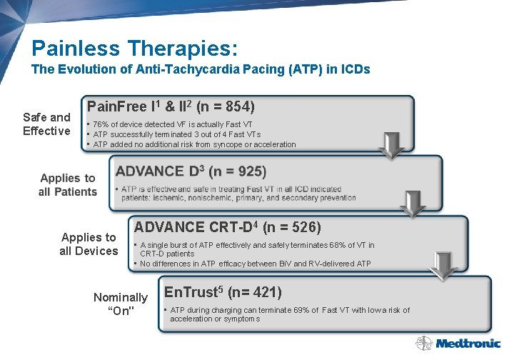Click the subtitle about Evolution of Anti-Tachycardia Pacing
click(201, 70)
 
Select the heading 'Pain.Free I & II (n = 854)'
click(171, 107)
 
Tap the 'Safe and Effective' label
click(46, 124)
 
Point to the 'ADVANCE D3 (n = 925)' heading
click(191, 171)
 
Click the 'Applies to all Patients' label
click(68, 184)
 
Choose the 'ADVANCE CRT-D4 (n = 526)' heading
click(228, 228)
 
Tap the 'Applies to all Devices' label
click(89, 244)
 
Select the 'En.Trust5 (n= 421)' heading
click(223, 292)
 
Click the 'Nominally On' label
click(121, 304)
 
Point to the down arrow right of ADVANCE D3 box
click(413, 203)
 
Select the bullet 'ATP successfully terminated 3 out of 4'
click(177, 134)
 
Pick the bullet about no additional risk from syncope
click(194, 144)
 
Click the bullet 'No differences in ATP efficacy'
click(255, 264)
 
